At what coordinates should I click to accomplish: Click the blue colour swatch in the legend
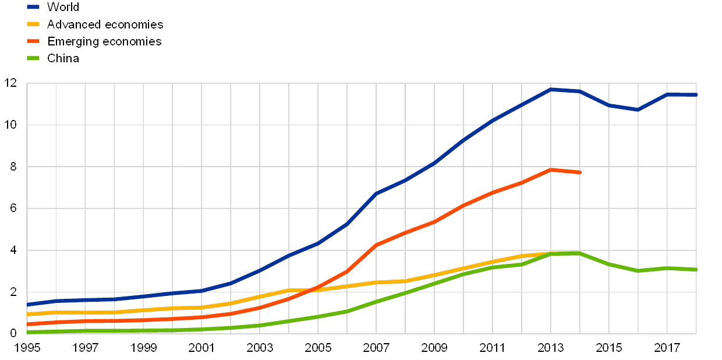point(33,8)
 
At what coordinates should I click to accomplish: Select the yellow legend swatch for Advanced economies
point(33,24)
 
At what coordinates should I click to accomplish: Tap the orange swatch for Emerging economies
point(33,41)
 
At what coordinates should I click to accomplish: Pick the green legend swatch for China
point(33,58)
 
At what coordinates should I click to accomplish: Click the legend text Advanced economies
point(105,24)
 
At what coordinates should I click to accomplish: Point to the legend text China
point(63,58)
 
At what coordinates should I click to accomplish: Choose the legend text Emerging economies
point(104,41)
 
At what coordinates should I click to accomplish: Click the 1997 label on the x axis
point(85,348)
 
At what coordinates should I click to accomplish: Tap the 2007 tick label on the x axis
point(376,348)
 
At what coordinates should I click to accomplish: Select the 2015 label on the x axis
point(609,348)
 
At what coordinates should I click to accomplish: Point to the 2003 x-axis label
point(260,348)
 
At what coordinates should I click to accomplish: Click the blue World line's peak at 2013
point(551,89)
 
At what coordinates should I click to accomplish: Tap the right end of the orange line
point(580,172)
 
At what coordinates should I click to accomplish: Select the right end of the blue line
point(696,94)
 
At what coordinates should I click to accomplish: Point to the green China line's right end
point(696,270)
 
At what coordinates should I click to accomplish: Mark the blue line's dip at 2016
point(638,110)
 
